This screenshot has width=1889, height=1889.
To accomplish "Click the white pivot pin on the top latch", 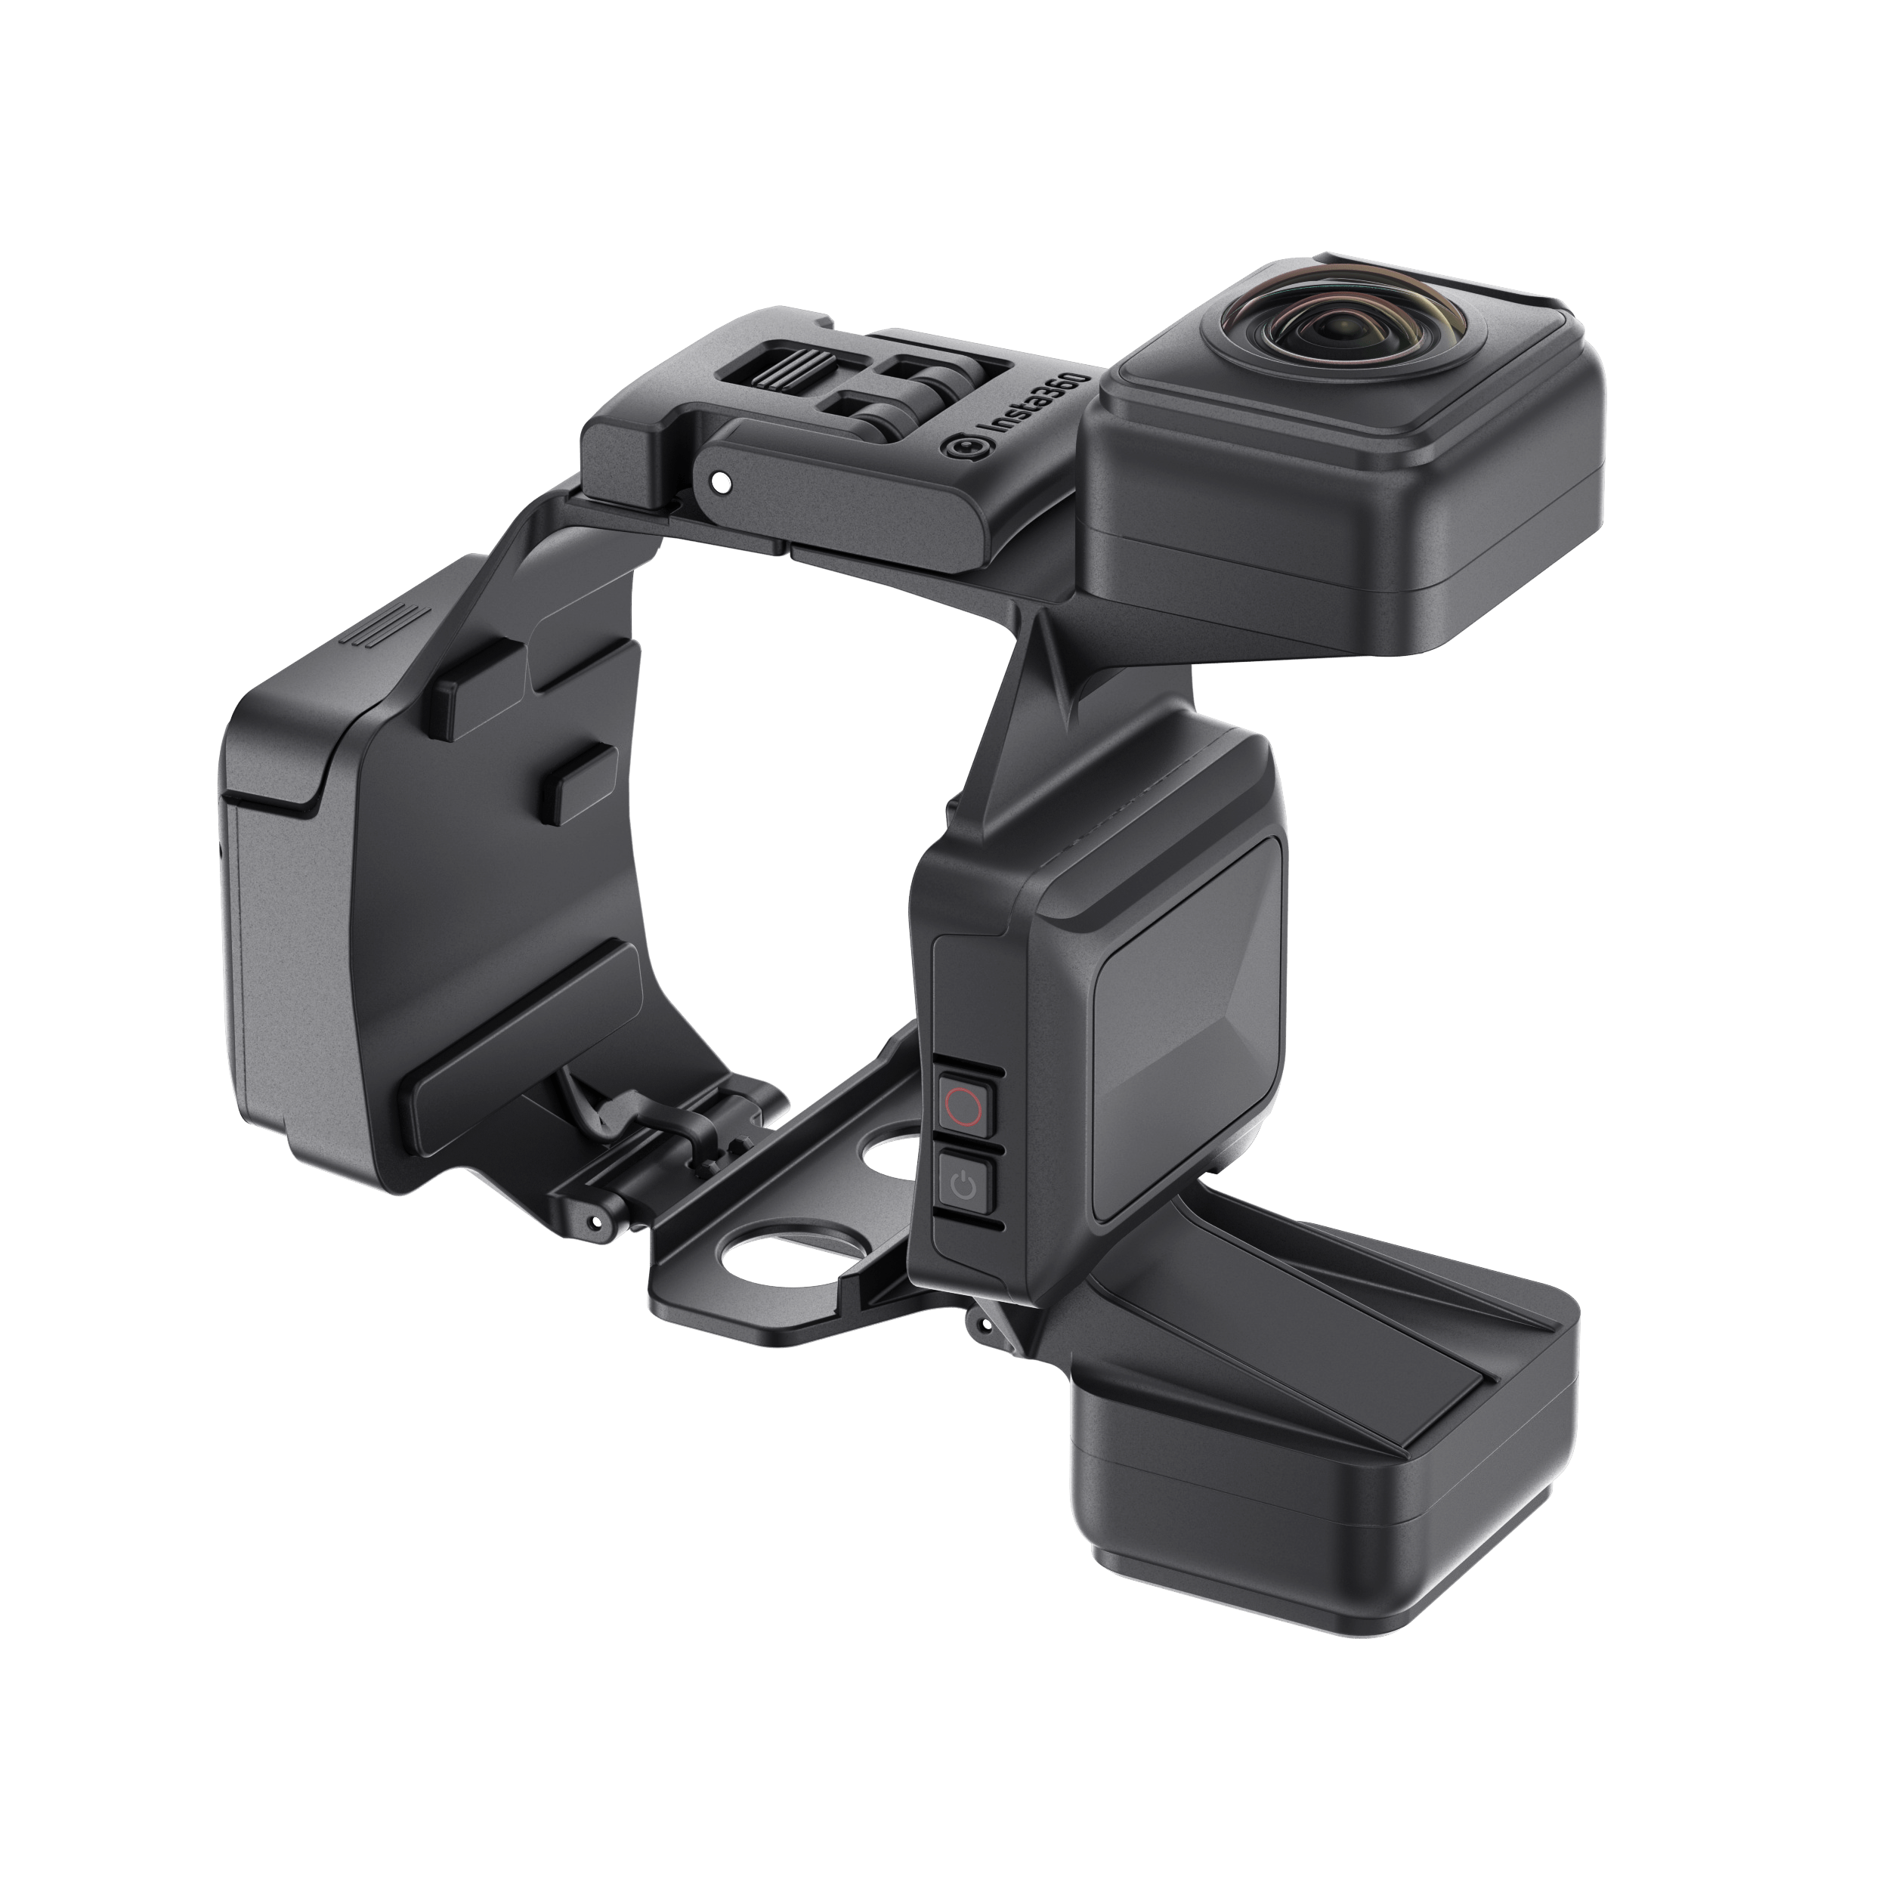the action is click(x=721, y=481).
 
